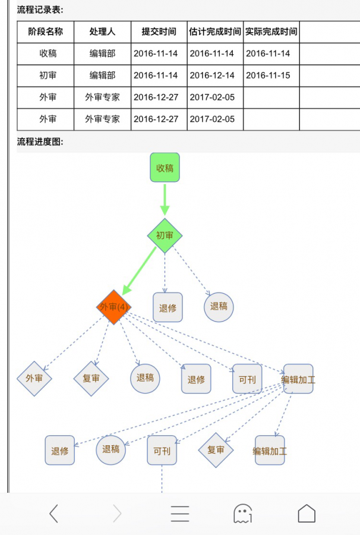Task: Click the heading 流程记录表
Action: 40,10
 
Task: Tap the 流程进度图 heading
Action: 40,141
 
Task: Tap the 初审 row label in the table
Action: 48,75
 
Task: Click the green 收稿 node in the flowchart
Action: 165,168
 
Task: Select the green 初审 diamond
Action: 165,235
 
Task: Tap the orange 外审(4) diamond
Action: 113,307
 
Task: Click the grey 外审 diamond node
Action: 34,378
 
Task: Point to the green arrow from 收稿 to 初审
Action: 165,199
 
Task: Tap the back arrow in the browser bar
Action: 53,513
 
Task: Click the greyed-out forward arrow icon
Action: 117,513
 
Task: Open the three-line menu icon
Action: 180,513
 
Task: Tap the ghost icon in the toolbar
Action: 243,513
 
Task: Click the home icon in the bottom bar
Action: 307,513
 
